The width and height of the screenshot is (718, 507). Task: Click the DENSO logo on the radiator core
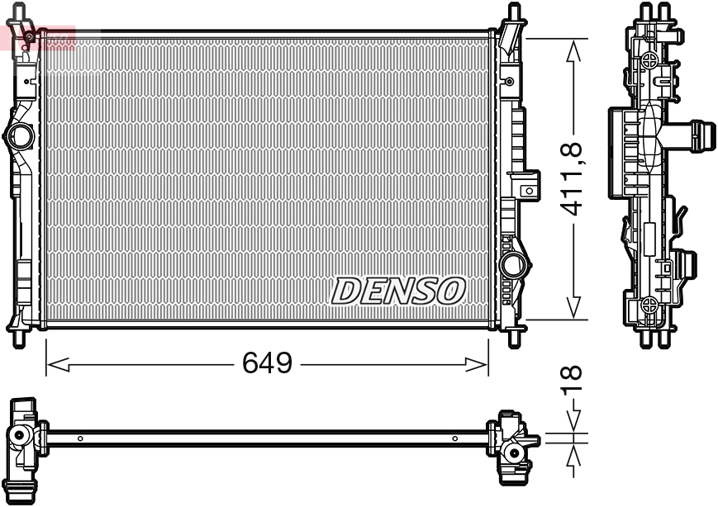(399, 290)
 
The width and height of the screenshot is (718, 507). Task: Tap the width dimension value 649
(267, 362)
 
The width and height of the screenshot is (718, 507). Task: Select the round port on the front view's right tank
(513, 264)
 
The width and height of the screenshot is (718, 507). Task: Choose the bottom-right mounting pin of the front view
(513, 337)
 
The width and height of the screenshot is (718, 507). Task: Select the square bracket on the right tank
(526, 190)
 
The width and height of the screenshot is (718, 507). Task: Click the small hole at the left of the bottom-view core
(79, 438)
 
